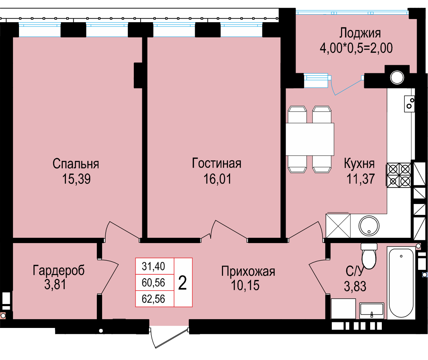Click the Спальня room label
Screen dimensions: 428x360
pyautogui.click(x=76, y=164)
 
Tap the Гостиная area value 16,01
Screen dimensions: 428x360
pyautogui.click(x=217, y=179)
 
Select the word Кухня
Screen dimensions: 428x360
pyautogui.click(x=359, y=164)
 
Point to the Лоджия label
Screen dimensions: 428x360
pyautogui.click(x=360, y=33)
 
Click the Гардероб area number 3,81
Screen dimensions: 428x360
pyautogui.click(x=55, y=285)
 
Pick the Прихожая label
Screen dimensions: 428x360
pyautogui.click(x=248, y=272)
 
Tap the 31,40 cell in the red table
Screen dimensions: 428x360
pyautogui.click(x=153, y=266)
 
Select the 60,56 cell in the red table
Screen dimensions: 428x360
pyautogui.click(x=153, y=283)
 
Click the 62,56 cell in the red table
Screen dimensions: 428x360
pyautogui.click(x=153, y=299)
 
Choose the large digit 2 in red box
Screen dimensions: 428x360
pyautogui.click(x=182, y=283)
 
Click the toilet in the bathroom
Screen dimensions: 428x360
pyautogui.click(x=369, y=256)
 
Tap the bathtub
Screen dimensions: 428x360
pyautogui.click(x=401, y=283)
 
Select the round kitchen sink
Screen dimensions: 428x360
pyautogui.click(x=369, y=226)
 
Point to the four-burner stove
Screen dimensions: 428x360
pyautogui.click(x=399, y=175)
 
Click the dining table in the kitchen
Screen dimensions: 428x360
pyautogui.click(x=310, y=139)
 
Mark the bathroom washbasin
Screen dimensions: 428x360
pyautogui.click(x=372, y=311)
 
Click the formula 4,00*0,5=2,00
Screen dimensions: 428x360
pyautogui.click(x=356, y=48)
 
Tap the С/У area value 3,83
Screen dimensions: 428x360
pyautogui.click(x=355, y=286)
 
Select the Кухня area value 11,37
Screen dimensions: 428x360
pyautogui.click(x=361, y=179)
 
